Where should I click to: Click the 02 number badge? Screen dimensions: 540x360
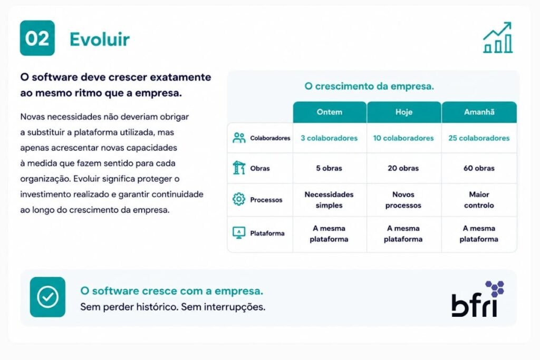[37, 38]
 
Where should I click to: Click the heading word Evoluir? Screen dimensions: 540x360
[100, 39]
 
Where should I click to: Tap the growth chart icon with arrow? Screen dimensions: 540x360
[498, 37]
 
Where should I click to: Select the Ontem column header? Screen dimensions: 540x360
[330, 112]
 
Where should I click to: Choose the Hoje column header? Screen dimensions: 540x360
[404, 112]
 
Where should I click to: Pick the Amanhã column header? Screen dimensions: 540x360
[479, 112]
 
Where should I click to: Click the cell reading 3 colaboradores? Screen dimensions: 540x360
[329, 138]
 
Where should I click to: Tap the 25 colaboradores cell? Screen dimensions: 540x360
[479, 138]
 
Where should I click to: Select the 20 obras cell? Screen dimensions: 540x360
[403, 168]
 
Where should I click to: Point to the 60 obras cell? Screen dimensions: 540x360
[479, 168]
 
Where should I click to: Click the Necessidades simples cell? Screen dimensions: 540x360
[329, 200]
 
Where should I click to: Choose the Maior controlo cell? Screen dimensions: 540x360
[479, 200]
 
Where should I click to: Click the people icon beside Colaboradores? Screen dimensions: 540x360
[239, 138]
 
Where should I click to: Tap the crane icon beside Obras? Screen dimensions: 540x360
[239, 168]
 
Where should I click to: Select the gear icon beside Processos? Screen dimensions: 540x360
[239, 199]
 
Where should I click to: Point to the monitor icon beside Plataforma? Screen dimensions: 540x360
[239, 233]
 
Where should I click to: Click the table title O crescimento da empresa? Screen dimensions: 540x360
[369, 86]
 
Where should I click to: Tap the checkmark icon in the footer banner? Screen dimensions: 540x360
[47, 297]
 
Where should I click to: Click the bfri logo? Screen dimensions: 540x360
[478, 299]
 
